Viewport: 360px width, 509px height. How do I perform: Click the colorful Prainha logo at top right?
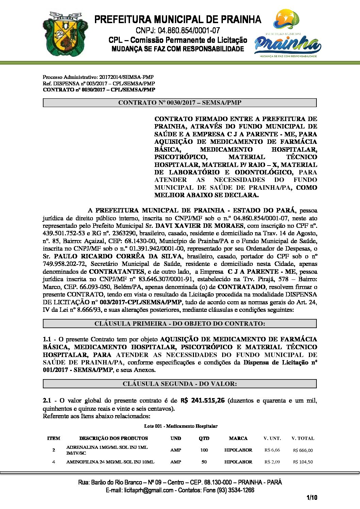pos(288,34)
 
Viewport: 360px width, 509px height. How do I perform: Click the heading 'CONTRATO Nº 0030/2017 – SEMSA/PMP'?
pos(180,103)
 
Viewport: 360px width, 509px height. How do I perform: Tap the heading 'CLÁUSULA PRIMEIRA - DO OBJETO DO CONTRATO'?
pos(180,324)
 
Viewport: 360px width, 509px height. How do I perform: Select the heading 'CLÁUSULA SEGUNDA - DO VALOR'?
pos(180,384)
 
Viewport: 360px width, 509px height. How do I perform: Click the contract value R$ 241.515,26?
pos(202,401)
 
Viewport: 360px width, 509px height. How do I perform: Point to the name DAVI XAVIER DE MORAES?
pos(199,226)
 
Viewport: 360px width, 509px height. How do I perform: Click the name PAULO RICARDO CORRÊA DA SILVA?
pos(118,256)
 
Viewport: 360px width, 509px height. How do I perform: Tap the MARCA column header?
pos(238,438)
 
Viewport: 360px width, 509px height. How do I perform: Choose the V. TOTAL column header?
pos(302,438)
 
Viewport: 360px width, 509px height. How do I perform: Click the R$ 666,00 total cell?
pos(303,450)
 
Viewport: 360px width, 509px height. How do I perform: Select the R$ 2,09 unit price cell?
pos(272,462)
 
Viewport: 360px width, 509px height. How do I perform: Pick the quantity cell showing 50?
pos(204,462)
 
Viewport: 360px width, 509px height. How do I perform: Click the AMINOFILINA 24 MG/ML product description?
pos(110,462)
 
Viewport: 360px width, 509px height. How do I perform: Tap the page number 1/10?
pos(312,498)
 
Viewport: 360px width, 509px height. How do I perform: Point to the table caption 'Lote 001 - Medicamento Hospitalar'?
pos(181,426)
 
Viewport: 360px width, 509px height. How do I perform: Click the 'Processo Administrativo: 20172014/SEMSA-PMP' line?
pos(98,77)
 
